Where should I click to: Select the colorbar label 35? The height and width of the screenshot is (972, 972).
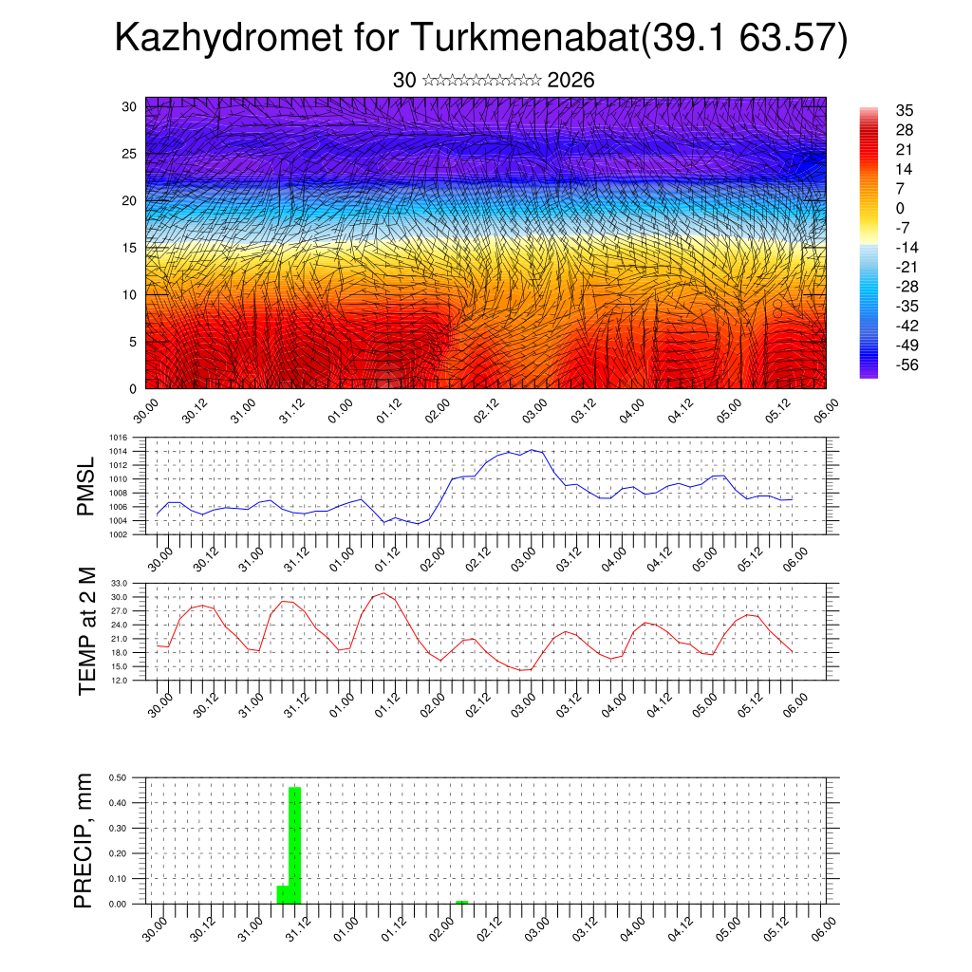click(x=905, y=111)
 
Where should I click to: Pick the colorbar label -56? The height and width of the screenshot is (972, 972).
click(x=907, y=364)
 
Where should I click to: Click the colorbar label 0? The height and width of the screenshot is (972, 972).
click(x=900, y=209)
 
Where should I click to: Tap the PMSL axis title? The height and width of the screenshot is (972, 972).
click(x=87, y=486)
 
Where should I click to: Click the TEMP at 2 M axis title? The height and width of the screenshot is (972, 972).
click(x=87, y=631)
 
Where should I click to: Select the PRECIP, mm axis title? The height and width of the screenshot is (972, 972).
click(x=87, y=840)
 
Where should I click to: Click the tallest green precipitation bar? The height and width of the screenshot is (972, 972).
click(x=294, y=845)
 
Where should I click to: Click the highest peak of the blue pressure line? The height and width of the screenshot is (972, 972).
click(x=532, y=450)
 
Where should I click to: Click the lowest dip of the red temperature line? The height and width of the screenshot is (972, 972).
click(x=522, y=670)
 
